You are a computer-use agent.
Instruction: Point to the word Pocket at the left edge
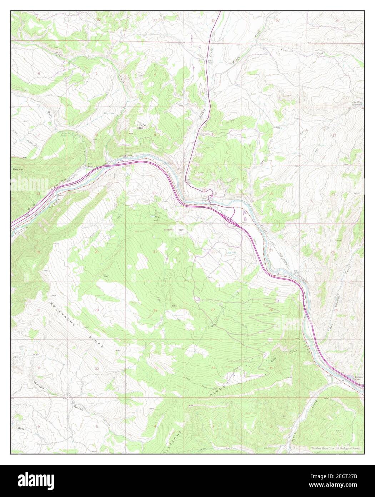click(x=17, y=169)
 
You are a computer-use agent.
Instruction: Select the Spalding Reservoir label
click(x=356, y=103)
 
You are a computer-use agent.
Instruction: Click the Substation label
click(x=168, y=229)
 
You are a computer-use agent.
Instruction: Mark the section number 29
click(x=96, y=310)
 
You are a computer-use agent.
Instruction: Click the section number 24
click(x=333, y=252)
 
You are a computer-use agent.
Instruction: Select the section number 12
click(x=334, y=136)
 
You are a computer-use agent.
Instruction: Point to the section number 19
click(x=38, y=252)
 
